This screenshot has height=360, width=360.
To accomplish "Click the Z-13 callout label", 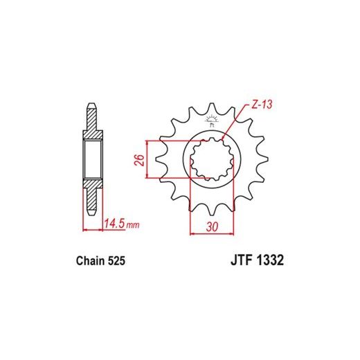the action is click(262, 105).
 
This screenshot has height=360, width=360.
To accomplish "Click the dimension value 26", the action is click(139, 160).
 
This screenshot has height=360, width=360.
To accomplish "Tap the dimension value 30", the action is click(212, 227).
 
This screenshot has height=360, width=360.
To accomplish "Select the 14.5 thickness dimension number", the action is click(114, 224).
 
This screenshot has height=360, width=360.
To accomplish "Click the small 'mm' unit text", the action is click(133, 224).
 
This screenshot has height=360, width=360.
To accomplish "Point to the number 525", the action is click(116, 261).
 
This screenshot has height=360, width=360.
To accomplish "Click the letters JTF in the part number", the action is click(241, 260).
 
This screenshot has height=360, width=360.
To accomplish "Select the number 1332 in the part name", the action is click(270, 260).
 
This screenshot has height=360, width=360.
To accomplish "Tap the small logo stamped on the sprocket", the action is click(211, 121).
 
